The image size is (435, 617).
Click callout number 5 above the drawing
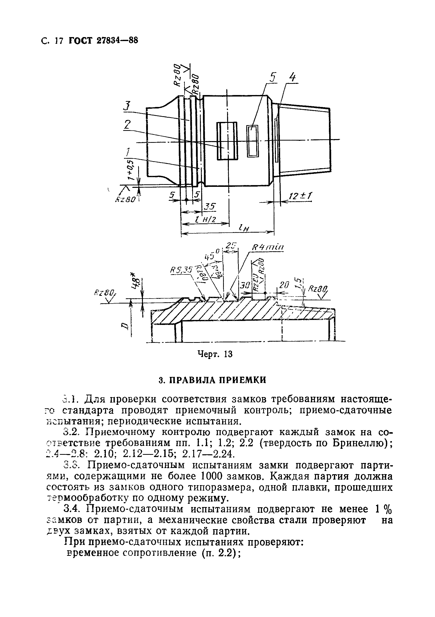coord(272,78)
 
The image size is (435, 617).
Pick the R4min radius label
coord(267,247)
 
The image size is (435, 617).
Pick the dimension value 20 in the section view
coord(284,285)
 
